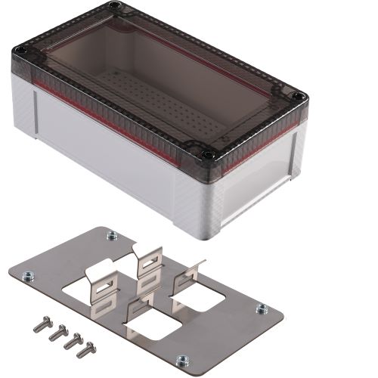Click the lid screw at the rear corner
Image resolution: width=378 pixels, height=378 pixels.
click(114, 6)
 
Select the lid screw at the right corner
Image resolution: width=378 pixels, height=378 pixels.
click(299, 97)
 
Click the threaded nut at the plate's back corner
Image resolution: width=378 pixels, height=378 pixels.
click(112, 234)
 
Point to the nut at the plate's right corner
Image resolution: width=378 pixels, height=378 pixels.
click(262, 308)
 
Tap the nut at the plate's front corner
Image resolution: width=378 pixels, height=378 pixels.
click(181, 360)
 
